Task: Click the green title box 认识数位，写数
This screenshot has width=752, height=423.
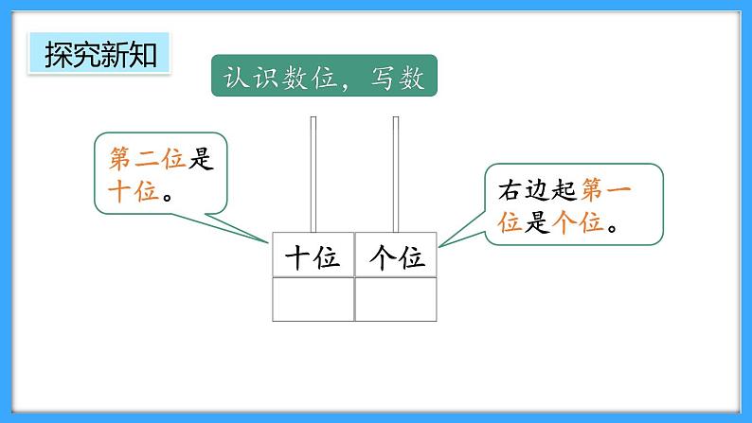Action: point(323,75)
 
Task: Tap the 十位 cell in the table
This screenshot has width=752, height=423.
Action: point(313,256)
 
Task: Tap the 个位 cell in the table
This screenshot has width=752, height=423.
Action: point(396,256)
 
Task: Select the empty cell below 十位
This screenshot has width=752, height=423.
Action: point(313,299)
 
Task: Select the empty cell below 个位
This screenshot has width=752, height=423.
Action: point(396,299)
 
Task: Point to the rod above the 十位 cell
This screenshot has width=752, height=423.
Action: point(313,175)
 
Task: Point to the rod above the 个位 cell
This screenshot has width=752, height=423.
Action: point(396,175)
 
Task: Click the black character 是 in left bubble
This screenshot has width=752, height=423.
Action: point(199,160)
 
